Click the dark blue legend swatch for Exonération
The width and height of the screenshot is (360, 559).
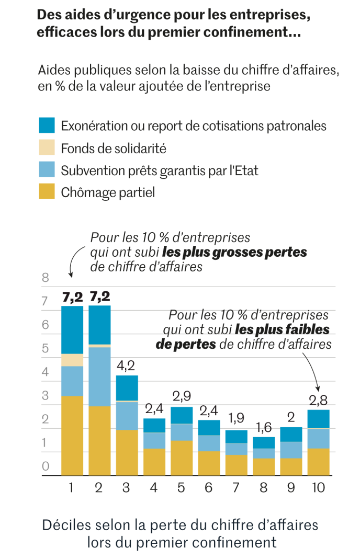pos(47,126)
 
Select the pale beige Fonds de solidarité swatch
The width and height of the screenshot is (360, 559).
pos(47,148)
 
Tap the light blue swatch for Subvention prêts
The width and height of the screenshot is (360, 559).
pos(47,170)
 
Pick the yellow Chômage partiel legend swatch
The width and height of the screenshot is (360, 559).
pos(47,192)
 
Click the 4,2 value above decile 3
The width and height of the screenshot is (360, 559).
pos(127,366)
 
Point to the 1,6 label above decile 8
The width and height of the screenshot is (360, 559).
pos(263,428)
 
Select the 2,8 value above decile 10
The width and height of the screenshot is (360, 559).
pos(319,401)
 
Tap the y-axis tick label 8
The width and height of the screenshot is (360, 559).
pos(45,278)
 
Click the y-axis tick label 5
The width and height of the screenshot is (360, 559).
pos(45,348)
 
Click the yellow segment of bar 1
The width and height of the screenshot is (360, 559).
pos(72,435)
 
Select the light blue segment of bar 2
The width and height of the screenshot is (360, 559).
pos(99,377)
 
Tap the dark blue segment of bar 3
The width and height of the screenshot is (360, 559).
pos(127,387)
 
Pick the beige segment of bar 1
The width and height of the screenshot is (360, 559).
pos(72,360)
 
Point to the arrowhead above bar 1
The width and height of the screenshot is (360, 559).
pos(71,274)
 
